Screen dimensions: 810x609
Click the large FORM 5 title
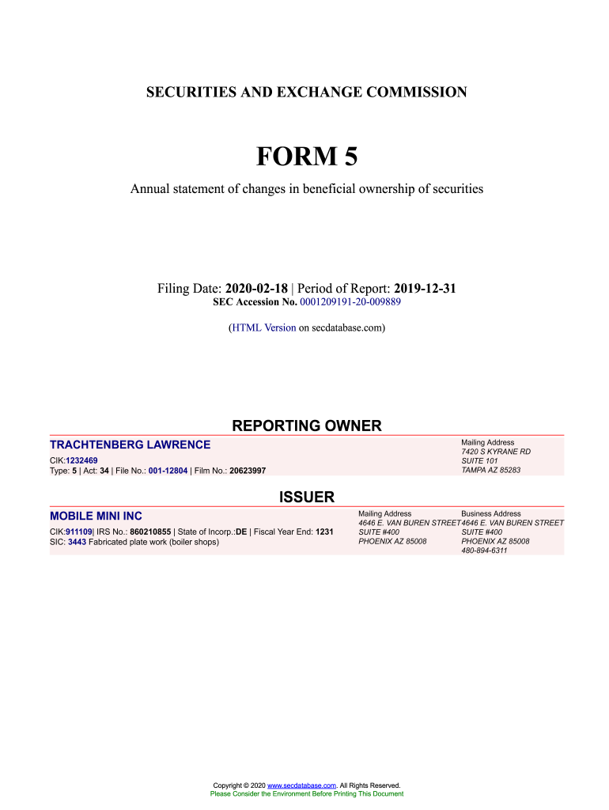point(307,157)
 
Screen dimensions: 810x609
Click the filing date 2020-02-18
point(256,289)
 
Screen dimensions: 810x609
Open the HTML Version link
point(264,327)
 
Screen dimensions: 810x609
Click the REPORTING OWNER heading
point(307,426)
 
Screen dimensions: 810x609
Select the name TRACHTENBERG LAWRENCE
point(130,445)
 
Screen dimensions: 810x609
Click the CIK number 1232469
point(81,460)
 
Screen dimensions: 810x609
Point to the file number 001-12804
point(168,471)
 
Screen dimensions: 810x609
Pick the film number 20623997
point(248,471)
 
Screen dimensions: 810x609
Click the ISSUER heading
point(307,498)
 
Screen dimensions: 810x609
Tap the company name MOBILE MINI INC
point(96,517)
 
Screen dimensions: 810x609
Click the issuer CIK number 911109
point(79,532)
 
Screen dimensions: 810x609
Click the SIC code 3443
point(78,542)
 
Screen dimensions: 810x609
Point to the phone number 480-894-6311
point(484,551)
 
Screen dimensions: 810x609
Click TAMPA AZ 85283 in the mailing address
point(490,471)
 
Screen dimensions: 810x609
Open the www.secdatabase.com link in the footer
point(302,785)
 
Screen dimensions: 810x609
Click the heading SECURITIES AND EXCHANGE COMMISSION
point(307,93)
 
